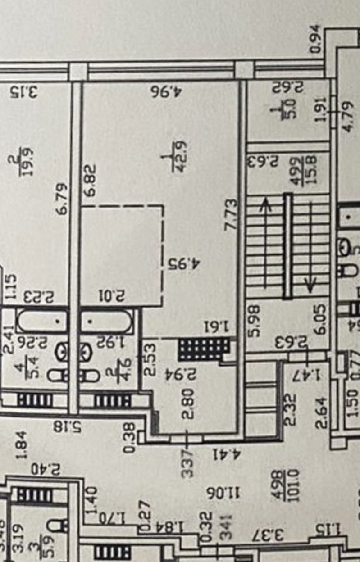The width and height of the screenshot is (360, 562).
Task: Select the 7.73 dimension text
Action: tap(231, 215)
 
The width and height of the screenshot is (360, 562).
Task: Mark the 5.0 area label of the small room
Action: tap(292, 108)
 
